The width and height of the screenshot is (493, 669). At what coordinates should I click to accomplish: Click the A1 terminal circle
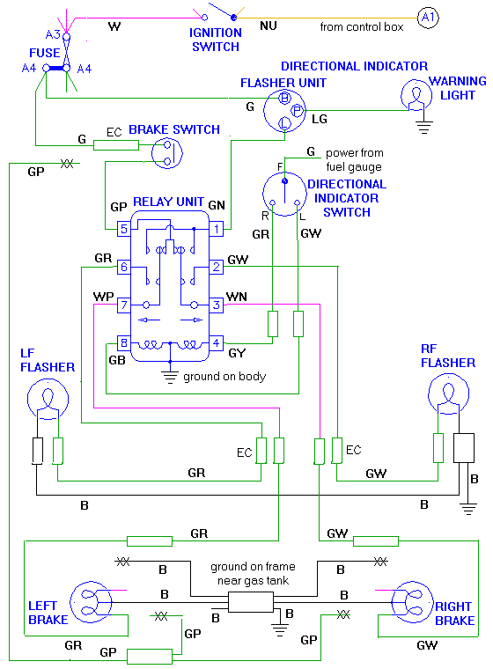click(x=427, y=18)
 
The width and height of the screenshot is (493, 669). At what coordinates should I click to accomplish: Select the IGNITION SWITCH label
click(x=217, y=40)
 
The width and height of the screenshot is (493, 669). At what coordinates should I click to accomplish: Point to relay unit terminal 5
click(x=124, y=229)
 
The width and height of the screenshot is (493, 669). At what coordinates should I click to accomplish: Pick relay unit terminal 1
click(x=214, y=229)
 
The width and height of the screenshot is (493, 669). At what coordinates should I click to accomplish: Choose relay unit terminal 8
click(x=124, y=342)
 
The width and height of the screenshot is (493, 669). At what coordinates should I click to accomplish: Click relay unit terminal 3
click(x=214, y=305)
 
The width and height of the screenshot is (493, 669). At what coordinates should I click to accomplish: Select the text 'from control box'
click(x=362, y=27)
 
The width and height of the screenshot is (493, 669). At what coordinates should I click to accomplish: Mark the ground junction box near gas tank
click(x=251, y=602)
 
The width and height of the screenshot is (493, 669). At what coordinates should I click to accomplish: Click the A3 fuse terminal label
click(x=53, y=33)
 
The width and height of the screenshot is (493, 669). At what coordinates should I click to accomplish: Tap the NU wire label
click(x=268, y=27)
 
